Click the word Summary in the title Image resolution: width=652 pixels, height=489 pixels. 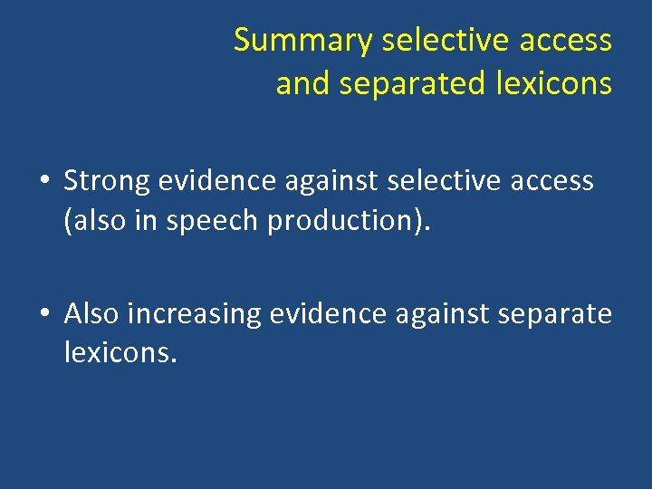point(302,41)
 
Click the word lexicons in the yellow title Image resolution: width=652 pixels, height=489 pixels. point(554,83)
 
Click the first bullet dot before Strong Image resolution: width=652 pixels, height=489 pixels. point(44,181)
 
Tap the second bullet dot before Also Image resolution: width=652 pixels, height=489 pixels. point(44,314)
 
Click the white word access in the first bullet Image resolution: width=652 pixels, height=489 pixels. point(552,181)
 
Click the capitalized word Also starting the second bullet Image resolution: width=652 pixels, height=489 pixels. point(91,314)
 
